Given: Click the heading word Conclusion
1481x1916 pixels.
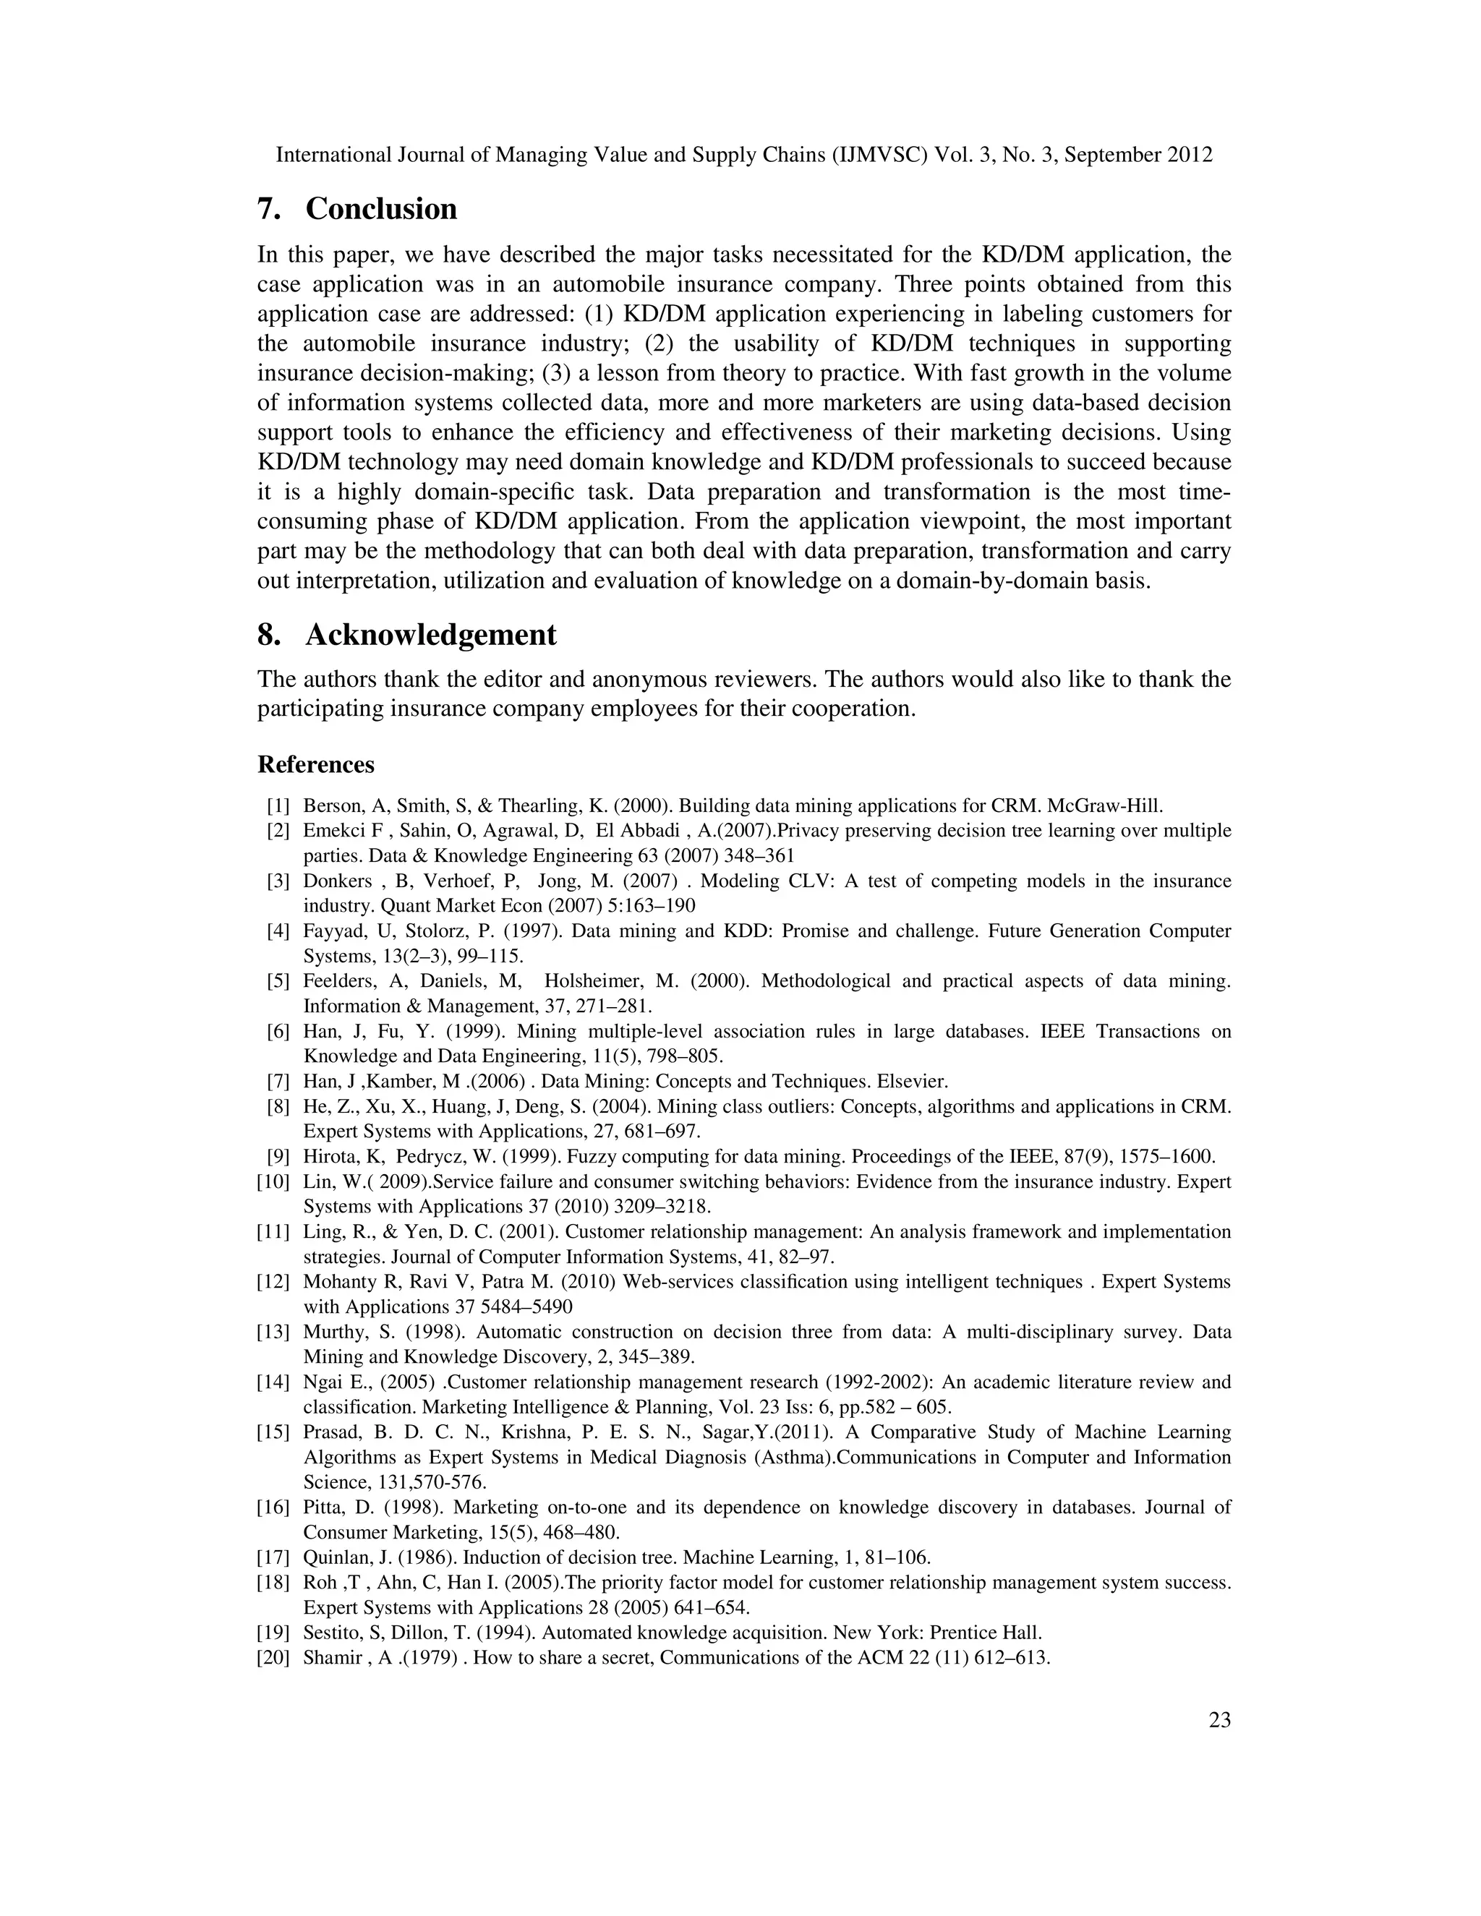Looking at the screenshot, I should point(381,210).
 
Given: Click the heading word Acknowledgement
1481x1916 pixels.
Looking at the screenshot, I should point(430,635).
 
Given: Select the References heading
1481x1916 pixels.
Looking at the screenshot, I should point(316,765).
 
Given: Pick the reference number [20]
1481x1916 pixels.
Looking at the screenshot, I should point(273,1658).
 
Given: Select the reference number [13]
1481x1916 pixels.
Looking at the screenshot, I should point(273,1333).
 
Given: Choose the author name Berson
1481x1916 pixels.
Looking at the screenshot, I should point(330,806).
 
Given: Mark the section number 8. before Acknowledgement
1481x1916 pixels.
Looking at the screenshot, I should point(268,635).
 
